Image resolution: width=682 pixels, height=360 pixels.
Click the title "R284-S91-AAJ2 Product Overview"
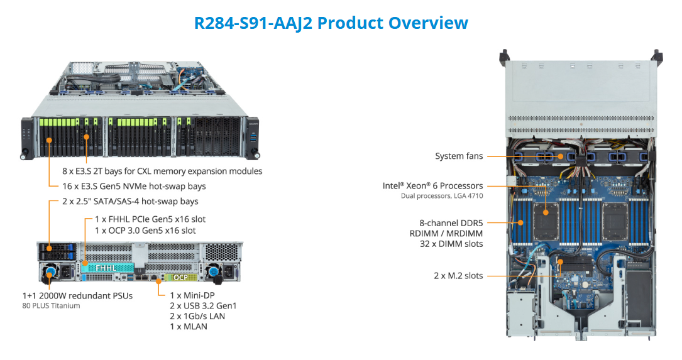coord(331,23)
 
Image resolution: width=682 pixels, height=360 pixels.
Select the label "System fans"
coord(459,156)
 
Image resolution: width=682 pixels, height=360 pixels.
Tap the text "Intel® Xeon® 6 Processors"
coord(432,186)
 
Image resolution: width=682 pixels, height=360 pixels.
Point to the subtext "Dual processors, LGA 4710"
coord(442,196)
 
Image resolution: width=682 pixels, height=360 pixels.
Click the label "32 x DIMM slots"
coord(451,244)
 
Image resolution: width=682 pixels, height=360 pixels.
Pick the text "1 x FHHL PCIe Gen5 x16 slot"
coord(150,219)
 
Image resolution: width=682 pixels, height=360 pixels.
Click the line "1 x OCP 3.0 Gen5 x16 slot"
coord(145,231)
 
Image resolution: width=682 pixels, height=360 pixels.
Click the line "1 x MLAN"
coord(189,326)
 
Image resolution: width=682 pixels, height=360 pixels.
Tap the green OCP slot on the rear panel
coord(181,276)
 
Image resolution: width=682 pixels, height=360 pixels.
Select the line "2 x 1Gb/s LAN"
coord(197,316)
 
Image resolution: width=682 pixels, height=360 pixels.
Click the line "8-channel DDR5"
coord(451,222)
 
